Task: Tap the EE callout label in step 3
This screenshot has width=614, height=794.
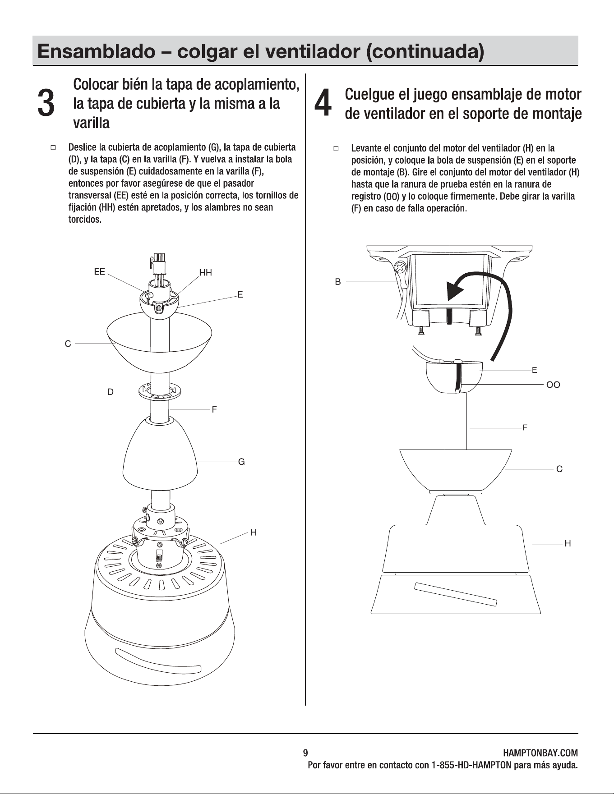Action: pos(99,271)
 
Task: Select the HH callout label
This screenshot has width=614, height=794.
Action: pos(205,272)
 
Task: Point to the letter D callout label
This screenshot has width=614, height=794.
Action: pos(111,392)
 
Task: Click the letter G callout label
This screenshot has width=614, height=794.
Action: pos(241,462)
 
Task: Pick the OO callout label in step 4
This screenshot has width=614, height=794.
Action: pos(553,385)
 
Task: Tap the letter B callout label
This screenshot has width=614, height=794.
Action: pos(338,282)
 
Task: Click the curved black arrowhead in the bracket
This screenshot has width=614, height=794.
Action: pos(455,290)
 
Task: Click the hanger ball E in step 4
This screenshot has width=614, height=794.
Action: pos(454,376)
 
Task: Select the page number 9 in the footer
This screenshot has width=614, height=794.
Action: pos(305,753)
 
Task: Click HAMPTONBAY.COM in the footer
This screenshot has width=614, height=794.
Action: pos(540,753)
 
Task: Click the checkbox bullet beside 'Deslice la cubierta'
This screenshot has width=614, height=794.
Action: pos(53,147)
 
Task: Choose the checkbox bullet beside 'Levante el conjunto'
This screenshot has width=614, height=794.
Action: pos(336,148)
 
